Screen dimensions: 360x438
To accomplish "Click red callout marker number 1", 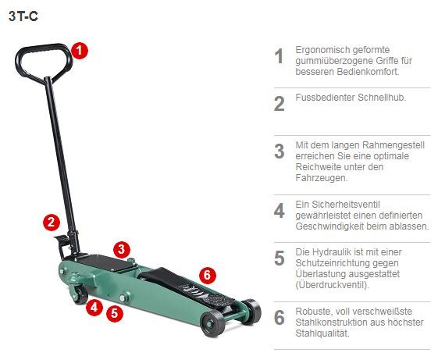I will [79, 50].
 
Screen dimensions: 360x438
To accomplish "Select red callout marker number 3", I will [119, 250].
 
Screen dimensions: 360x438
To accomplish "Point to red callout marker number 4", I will [94, 308].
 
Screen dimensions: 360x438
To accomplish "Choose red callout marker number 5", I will [115, 314].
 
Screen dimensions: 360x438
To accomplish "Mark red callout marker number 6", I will [206, 275].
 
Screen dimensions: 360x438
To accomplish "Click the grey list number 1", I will [279, 57].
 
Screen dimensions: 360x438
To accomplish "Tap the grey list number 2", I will [279, 104].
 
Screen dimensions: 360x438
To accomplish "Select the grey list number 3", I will [279, 151].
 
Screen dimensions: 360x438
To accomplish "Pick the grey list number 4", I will [279, 211].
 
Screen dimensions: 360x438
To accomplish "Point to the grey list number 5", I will [279, 258].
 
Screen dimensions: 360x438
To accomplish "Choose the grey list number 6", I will [279, 318].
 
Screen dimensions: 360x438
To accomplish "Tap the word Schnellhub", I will [379, 98].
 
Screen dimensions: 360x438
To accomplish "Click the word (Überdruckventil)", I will [332, 286].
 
